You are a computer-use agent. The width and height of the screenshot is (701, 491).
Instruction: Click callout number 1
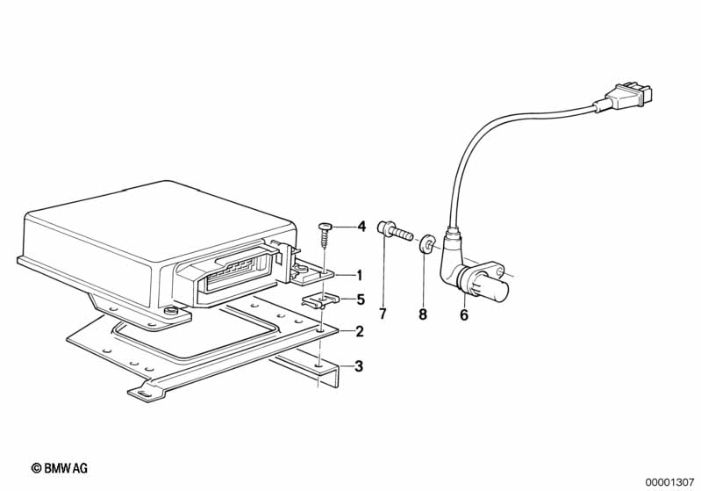tap(359, 275)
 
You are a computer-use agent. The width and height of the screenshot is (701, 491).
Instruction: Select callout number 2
tap(359, 332)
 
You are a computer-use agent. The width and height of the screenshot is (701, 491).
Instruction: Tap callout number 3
tap(359, 366)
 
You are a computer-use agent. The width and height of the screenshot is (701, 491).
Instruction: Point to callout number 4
tap(361, 227)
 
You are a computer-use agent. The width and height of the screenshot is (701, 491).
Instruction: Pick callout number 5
tap(361, 300)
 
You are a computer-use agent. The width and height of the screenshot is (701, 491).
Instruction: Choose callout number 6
tap(464, 315)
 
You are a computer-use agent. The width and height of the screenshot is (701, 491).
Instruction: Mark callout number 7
tap(383, 314)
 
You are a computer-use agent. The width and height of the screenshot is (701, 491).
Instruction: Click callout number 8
tap(423, 314)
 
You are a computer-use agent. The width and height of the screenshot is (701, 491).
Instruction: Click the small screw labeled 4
tap(324, 235)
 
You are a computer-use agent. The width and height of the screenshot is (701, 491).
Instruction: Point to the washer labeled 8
tap(426, 245)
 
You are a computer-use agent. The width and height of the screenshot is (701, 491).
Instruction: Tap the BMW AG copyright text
tap(60, 468)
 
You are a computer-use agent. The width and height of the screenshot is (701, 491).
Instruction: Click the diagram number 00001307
tap(669, 482)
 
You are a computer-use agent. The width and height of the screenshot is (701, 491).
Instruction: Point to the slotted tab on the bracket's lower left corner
tap(144, 392)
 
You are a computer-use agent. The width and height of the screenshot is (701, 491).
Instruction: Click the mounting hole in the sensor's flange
tap(500, 271)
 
